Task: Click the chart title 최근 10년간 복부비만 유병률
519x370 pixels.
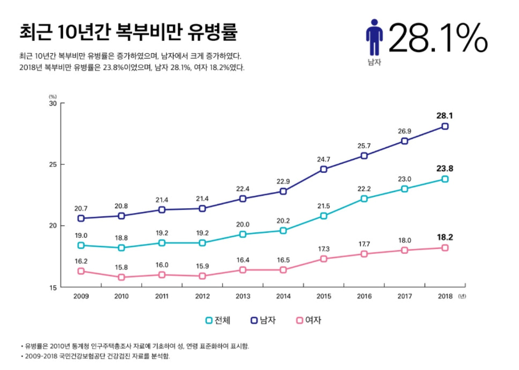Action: click(x=128, y=32)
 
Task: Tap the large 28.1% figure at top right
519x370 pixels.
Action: click(x=438, y=38)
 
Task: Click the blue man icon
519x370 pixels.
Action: click(x=374, y=37)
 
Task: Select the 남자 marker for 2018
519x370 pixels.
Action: click(x=445, y=127)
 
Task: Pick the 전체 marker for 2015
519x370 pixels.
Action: click(x=324, y=216)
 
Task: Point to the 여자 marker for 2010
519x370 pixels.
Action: click(x=122, y=277)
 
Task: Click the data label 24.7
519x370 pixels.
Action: click(x=324, y=159)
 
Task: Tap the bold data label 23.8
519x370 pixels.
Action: click(x=445, y=167)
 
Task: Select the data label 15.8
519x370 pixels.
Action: click(x=122, y=267)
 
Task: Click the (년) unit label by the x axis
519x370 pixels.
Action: click(x=463, y=297)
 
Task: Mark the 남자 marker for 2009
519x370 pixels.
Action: click(x=81, y=218)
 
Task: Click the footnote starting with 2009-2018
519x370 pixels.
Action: click(x=95, y=356)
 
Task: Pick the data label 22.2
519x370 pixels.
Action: click(x=364, y=188)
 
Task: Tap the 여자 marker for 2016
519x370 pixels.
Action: click(x=364, y=254)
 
